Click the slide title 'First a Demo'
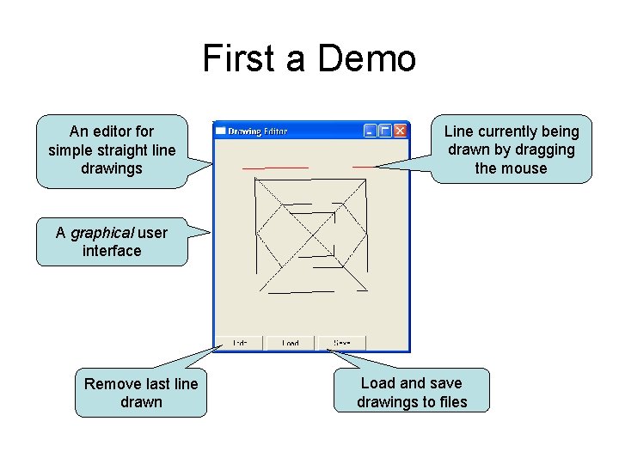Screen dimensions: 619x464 click(x=309, y=59)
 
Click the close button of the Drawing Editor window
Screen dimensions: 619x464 click(x=400, y=131)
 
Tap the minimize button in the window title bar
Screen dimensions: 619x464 click(x=370, y=131)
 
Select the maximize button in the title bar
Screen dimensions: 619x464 click(x=385, y=131)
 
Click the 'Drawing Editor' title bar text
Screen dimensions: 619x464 click(x=257, y=131)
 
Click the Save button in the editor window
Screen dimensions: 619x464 click(x=341, y=343)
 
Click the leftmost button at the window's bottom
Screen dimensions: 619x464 click(x=240, y=343)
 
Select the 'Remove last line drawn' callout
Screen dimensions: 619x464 click(x=141, y=393)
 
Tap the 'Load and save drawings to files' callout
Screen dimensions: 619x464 click(x=412, y=393)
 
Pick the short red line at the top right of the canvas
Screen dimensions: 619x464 click(x=365, y=166)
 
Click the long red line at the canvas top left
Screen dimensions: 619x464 click(x=276, y=167)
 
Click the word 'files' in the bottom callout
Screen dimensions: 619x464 click(x=450, y=402)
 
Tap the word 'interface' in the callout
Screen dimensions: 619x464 click(x=112, y=251)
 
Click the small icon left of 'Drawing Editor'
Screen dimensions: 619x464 click(x=220, y=131)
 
